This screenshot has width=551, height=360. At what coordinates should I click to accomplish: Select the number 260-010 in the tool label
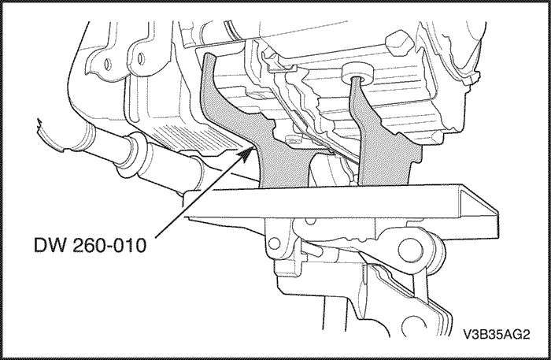(x=109, y=245)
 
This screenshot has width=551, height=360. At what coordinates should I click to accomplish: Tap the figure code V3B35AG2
(x=497, y=334)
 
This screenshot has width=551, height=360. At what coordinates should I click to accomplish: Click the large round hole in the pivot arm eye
(x=410, y=250)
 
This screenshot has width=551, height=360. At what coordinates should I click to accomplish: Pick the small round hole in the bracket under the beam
(x=274, y=243)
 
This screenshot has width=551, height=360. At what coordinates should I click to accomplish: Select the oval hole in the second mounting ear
(x=141, y=58)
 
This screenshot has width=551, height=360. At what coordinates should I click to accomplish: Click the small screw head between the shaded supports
(x=293, y=139)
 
